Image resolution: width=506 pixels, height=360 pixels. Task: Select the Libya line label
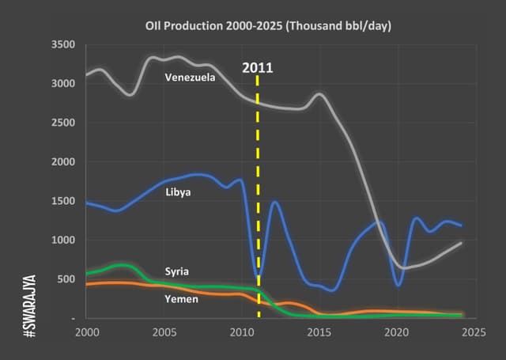[178, 191]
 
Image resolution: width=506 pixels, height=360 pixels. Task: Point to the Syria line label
[176, 271]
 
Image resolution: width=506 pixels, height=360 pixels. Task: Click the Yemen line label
[180, 299]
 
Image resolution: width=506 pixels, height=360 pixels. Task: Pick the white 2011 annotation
[258, 67]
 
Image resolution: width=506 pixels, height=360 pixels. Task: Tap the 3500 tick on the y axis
[62, 44]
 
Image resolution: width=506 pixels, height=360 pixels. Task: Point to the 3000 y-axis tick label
[62, 84]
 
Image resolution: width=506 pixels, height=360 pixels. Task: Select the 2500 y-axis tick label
[62, 123]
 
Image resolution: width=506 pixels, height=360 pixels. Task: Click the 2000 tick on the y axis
[62, 162]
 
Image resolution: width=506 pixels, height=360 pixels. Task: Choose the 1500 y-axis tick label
[62, 201]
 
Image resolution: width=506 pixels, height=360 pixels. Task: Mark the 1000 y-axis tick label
[62, 241]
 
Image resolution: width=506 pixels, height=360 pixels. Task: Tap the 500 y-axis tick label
[66, 279]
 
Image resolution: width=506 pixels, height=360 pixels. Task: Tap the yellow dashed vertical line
[258, 198]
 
